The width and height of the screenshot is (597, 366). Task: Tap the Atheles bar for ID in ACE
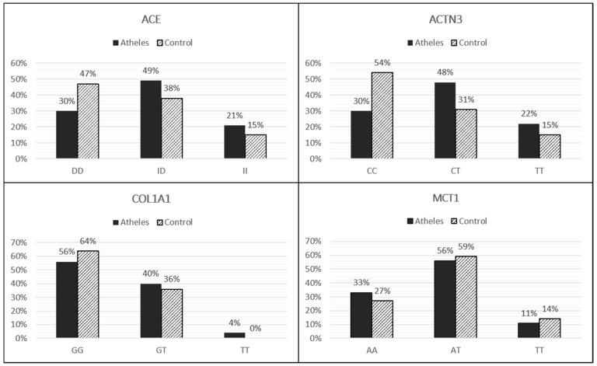(x=151, y=120)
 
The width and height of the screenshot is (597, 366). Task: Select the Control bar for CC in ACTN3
(x=382, y=116)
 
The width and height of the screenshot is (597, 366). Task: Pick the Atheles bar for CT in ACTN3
(x=445, y=120)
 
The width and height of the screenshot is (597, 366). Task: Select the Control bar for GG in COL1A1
(x=88, y=295)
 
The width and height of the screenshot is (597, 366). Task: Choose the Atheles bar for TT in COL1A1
(x=213, y=335)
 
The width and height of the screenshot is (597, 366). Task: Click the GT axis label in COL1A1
(x=151, y=347)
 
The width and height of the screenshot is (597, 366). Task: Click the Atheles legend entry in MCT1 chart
(x=424, y=221)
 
